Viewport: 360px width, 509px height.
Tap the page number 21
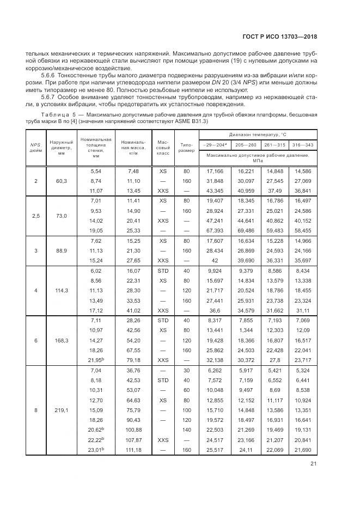(x=313, y=463)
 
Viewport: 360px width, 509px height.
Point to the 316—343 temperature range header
(x=302, y=144)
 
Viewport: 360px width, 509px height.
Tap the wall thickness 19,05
(x=96, y=230)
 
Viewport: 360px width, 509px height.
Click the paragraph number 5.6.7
(x=48, y=96)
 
